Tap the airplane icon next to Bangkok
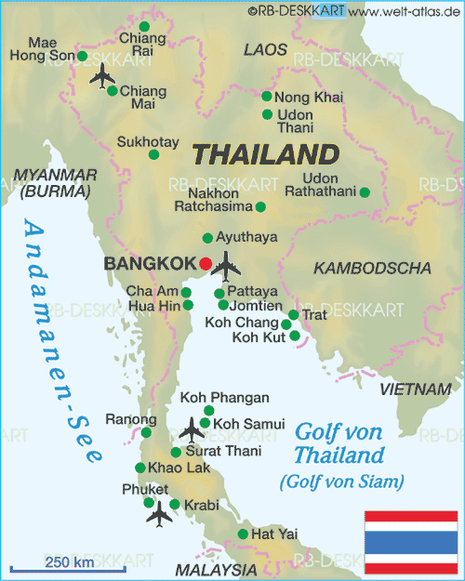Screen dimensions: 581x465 225,266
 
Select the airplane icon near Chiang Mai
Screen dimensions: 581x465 100,77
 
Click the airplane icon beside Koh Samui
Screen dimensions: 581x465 193,429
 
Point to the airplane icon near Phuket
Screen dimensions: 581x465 160,512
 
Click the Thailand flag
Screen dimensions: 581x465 409,540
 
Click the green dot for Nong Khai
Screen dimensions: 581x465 267,96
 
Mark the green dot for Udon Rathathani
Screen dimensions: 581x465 365,192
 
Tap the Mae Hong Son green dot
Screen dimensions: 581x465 83,56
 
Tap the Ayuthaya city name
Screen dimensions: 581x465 246,238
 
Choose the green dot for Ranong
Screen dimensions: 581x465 146,432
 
